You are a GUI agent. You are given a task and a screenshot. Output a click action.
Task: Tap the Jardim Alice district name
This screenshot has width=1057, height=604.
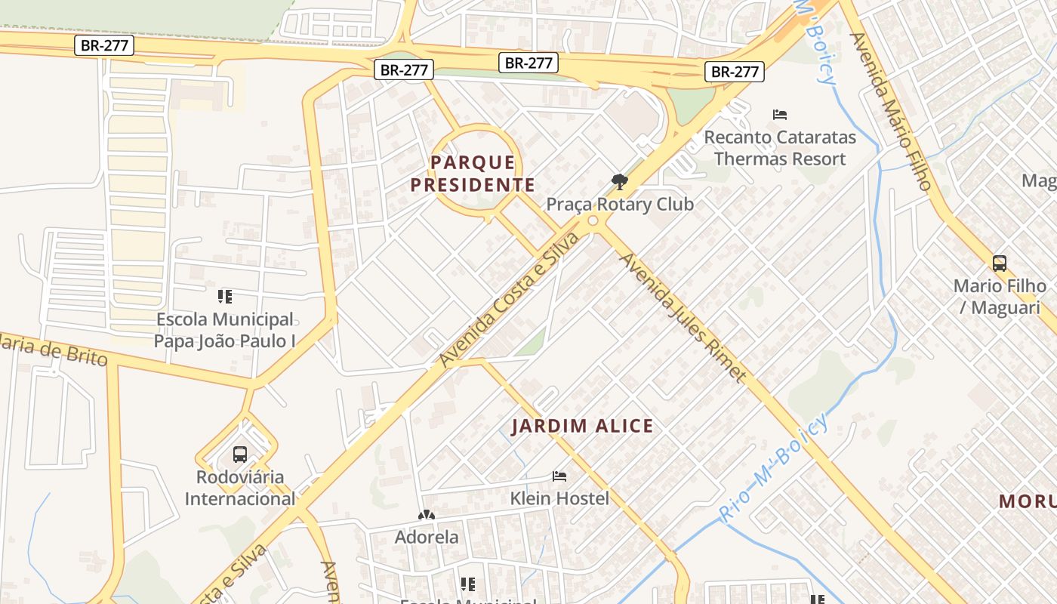[x=582, y=427]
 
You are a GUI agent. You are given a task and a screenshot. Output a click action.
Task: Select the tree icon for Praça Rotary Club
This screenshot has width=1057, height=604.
[x=620, y=182]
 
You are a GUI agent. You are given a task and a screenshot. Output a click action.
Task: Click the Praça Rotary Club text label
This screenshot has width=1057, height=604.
[x=620, y=205]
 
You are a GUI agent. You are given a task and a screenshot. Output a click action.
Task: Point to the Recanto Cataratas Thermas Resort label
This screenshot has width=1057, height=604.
[x=780, y=149]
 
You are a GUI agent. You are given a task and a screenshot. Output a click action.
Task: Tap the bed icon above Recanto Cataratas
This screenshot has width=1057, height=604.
[x=780, y=115]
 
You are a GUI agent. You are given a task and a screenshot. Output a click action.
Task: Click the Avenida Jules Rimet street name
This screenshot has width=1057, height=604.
[x=683, y=317]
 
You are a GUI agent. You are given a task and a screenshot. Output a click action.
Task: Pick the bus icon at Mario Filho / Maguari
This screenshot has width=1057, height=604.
[x=1000, y=263]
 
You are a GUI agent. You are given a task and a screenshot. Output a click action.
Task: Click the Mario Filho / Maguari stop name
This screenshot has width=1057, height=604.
[x=1000, y=297]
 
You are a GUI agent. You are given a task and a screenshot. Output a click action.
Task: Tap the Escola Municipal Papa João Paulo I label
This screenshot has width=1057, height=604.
[x=225, y=330]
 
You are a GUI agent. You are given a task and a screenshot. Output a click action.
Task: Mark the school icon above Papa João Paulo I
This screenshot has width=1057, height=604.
[x=225, y=296]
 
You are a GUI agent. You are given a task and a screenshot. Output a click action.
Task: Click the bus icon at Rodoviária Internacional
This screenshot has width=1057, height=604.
[x=240, y=455]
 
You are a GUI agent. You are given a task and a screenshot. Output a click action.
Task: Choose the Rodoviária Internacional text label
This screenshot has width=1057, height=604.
[x=240, y=488]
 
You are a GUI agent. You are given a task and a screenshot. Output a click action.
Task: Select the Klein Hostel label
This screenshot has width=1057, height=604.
[x=559, y=498]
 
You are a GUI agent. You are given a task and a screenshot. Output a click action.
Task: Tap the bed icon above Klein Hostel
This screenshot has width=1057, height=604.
[x=559, y=476]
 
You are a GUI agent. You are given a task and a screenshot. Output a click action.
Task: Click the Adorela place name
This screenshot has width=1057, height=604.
[x=427, y=538]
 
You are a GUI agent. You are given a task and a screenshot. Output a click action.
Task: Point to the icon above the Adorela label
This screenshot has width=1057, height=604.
[x=427, y=515]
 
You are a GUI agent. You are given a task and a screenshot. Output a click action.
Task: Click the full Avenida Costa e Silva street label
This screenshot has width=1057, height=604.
[x=510, y=300]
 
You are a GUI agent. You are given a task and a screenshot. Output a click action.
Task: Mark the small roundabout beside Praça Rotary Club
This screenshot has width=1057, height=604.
[x=593, y=221]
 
